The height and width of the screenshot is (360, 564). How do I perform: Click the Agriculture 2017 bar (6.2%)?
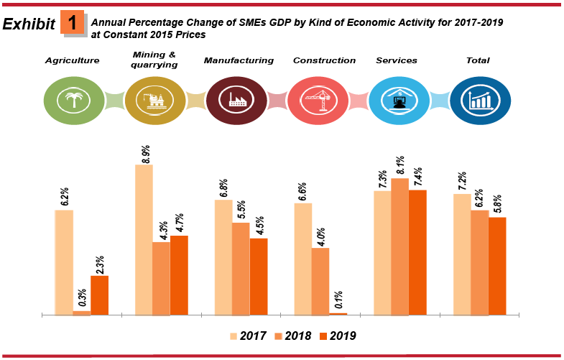click(x=64, y=262)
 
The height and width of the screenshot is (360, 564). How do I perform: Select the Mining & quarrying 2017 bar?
click(x=144, y=239)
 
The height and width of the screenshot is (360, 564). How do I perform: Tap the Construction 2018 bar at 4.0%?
click(x=320, y=281)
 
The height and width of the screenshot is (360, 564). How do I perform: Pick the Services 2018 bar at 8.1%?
click(x=400, y=246)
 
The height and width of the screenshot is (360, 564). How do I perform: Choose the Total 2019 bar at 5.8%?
click(x=497, y=266)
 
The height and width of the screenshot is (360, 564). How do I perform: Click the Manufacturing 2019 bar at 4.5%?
click(x=259, y=276)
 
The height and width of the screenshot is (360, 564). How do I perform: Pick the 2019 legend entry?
click(x=337, y=336)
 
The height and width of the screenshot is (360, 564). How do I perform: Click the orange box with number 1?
click(x=73, y=23)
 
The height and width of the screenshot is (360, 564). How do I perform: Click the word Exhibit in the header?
click(x=29, y=24)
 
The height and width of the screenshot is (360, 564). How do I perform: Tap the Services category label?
click(x=397, y=60)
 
